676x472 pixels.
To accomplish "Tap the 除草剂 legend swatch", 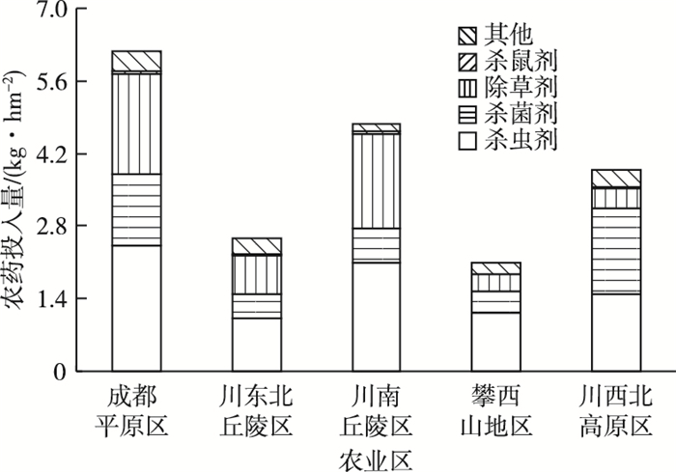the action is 468,90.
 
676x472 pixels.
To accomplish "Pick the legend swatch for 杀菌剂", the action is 468,116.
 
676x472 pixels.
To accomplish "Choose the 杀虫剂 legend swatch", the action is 468,143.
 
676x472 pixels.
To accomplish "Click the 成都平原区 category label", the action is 136,410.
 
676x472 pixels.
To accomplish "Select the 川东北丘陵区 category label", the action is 257,410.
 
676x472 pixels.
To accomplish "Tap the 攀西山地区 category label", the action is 495,410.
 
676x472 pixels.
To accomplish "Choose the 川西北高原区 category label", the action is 616,410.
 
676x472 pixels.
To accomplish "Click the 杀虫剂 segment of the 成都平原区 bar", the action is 136,308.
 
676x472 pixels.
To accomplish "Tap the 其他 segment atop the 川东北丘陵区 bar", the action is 257,246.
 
